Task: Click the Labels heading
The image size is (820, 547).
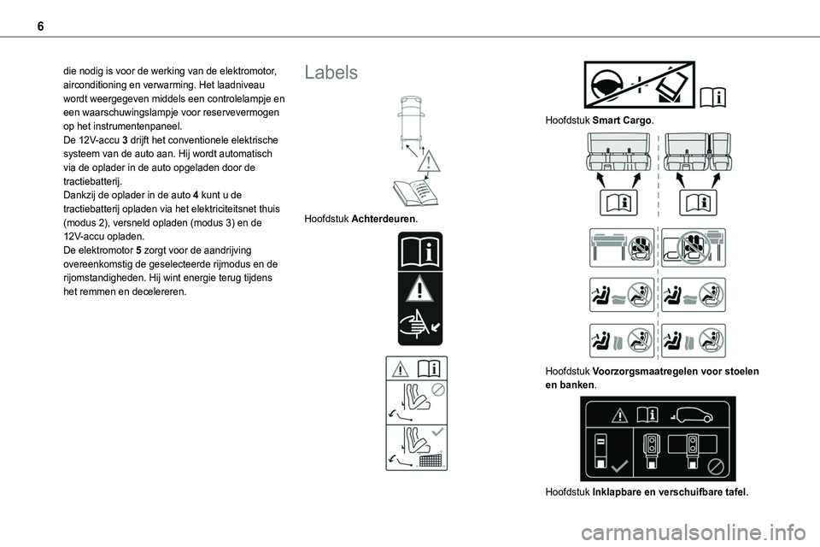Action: (331, 73)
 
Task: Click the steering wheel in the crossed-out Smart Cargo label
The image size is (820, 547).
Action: (607, 85)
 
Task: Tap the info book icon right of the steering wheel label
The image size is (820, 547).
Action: (714, 99)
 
